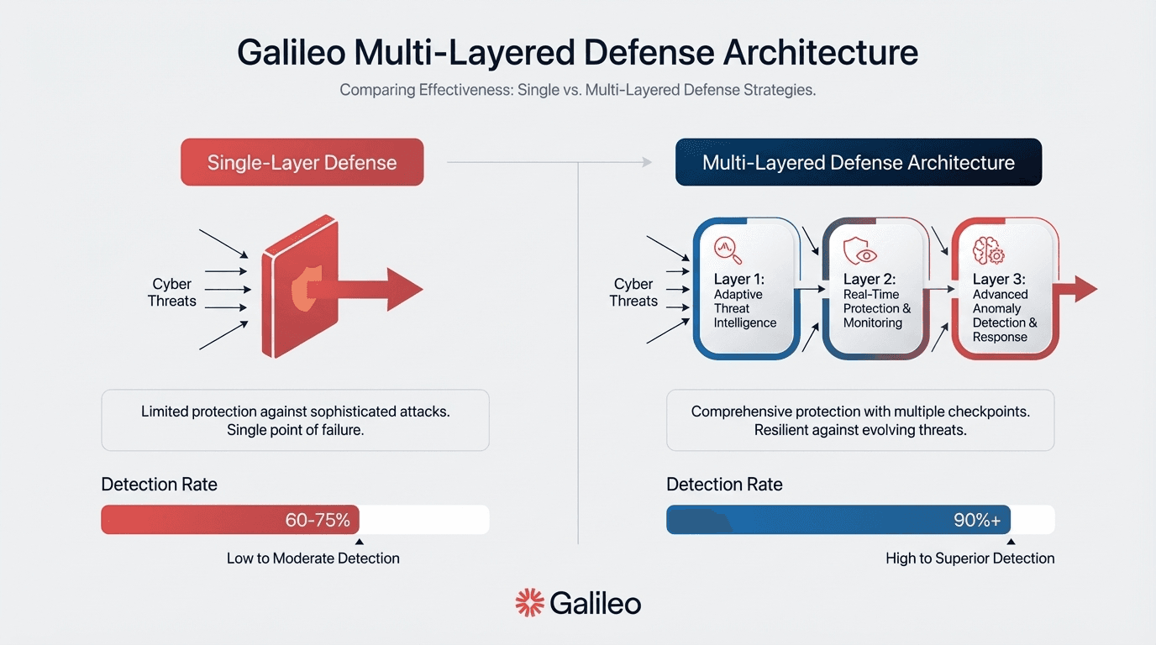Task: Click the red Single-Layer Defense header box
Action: tap(302, 162)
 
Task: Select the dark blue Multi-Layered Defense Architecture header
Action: tap(858, 162)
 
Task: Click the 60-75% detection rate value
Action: tap(318, 520)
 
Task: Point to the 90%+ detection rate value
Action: tap(976, 520)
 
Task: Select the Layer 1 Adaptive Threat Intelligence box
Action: tap(745, 290)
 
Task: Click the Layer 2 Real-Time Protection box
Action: tap(876, 290)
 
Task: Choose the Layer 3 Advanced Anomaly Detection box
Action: tap(1005, 290)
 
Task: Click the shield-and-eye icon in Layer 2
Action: tap(859, 250)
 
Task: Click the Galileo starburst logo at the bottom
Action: tap(529, 602)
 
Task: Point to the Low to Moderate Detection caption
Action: tap(313, 558)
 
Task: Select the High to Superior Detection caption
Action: tap(969, 558)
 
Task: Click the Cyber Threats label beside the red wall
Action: tap(171, 292)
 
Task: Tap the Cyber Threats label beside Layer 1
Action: tap(633, 292)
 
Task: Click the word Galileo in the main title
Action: tap(291, 52)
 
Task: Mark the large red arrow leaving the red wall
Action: tap(378, 289)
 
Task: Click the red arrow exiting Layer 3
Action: tap(1080, 288)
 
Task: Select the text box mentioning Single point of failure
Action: tap(295, 420)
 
